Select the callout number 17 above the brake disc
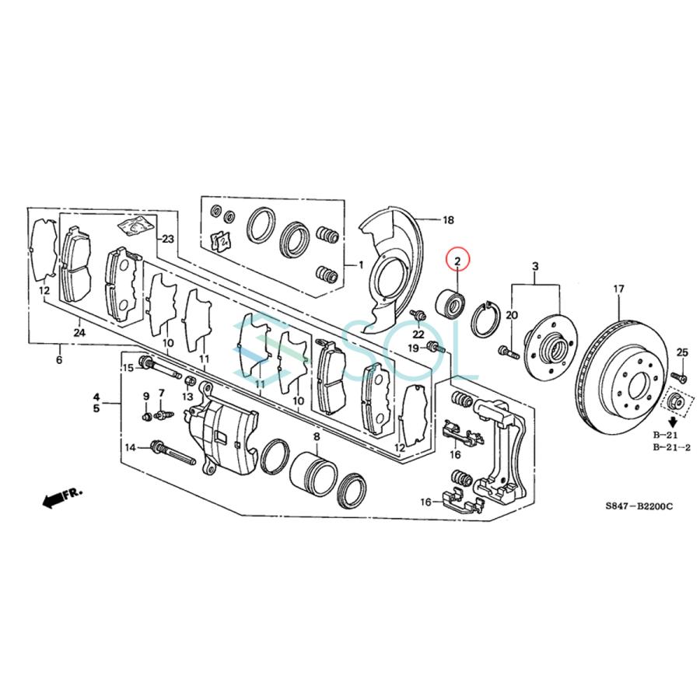(618, 289)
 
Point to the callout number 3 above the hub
(535, 268)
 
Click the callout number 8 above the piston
(316, 437)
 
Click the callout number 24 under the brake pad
(80, 331)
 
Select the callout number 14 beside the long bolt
(131, 446)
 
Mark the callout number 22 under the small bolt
(418, 334)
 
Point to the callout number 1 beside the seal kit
(359, 264)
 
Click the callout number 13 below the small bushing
(187, 397)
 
